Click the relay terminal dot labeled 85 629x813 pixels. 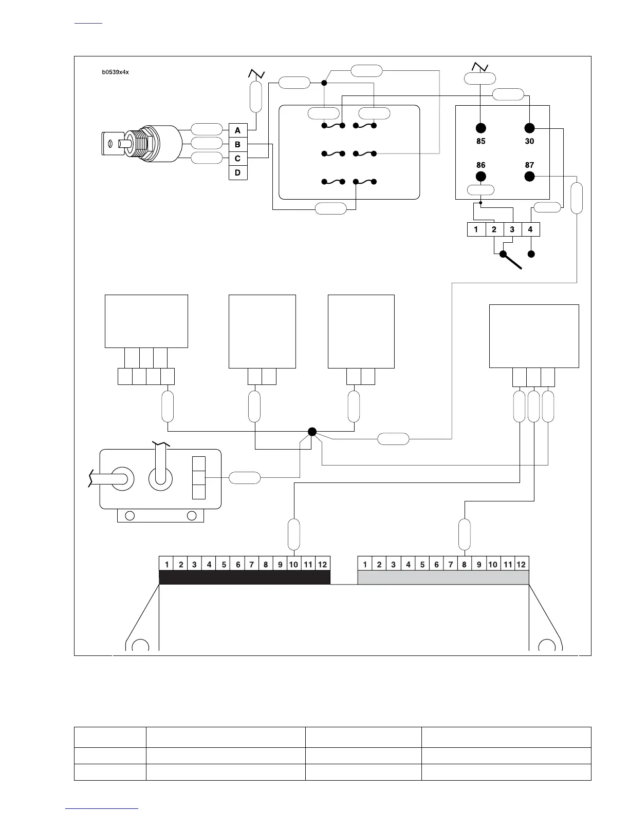pos(480,128)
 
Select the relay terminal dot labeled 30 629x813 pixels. pos(529,128)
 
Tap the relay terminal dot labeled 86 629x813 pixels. pos(480,177)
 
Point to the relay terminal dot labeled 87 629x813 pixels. pos(529,177)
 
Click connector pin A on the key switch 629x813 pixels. pos(237,131)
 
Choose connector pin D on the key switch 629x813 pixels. pos(237,173)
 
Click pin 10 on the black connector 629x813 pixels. pos(293,565)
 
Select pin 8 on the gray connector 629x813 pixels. pos(464,565)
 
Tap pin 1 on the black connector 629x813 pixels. pos(167,565)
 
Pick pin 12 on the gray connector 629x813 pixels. pos(521,565)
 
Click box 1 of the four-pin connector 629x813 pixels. pos(476,229)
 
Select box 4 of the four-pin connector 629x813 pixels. pos(530,229)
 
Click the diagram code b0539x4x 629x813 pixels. pos(115,72)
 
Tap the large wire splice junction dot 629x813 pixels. pos(311,432)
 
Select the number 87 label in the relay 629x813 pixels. pos(529,165)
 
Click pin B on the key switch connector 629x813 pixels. pos(237,145)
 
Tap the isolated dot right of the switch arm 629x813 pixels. pos(532,254)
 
